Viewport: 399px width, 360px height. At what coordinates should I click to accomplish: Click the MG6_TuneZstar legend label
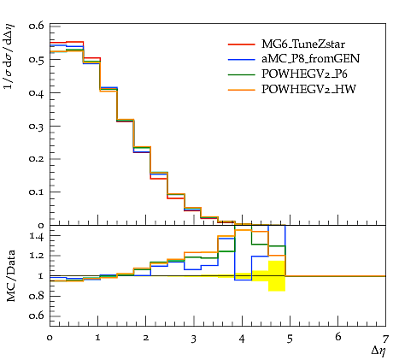303,44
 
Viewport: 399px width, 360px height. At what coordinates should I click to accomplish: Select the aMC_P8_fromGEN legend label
311,59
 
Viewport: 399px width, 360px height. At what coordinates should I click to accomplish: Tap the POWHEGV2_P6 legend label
304,74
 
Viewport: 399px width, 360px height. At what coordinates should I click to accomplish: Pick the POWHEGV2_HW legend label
308,90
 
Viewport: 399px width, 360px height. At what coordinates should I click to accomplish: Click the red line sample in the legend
242,44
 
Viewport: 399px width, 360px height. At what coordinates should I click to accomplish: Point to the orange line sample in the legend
242,90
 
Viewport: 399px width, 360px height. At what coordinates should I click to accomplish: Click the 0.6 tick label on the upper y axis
36,26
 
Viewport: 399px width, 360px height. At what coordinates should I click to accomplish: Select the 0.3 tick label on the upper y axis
36,126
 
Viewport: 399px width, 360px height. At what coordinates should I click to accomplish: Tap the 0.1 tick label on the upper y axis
36,192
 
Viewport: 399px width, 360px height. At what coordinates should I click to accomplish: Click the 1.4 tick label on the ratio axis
37,237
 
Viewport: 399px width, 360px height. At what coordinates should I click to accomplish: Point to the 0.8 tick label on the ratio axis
37,296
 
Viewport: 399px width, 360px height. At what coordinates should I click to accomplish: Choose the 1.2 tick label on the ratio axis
37,256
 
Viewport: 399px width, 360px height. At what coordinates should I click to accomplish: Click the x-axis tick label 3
194,339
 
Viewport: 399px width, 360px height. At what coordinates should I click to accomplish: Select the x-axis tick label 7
385,339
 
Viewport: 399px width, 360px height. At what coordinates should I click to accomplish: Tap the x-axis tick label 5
290,339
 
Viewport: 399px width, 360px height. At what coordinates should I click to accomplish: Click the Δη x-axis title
378,351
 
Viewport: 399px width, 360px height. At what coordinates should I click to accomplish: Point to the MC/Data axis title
11,275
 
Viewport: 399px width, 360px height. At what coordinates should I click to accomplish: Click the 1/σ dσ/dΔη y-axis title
9,56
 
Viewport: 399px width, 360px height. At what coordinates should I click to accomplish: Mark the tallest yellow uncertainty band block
277,276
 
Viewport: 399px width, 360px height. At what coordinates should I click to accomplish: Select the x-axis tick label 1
97,338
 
